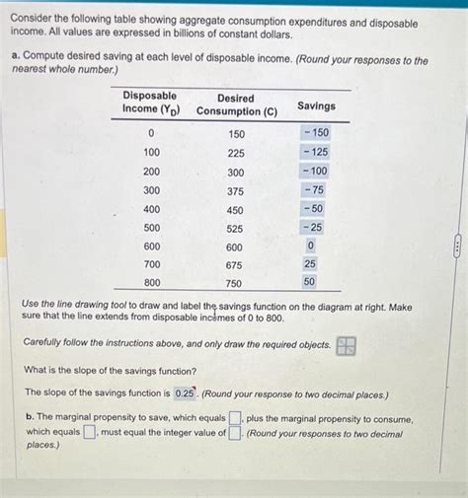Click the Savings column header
[316, 106]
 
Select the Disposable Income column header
[150, 102]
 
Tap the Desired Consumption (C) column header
[236, 105]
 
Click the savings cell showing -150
[316, 132]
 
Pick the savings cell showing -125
[316, 152]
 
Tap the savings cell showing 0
[311, 246]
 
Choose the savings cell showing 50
[310, 282]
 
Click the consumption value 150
[236, 133]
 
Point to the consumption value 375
[235, 191]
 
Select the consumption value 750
[235, 284]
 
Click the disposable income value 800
[151, 284]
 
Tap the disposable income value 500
[151, 228]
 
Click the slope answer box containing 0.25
[185, 392]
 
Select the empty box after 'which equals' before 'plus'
[236, 419]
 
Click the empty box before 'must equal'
[89, 432]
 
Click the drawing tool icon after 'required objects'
[346, 345]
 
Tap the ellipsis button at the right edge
[458, 249]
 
